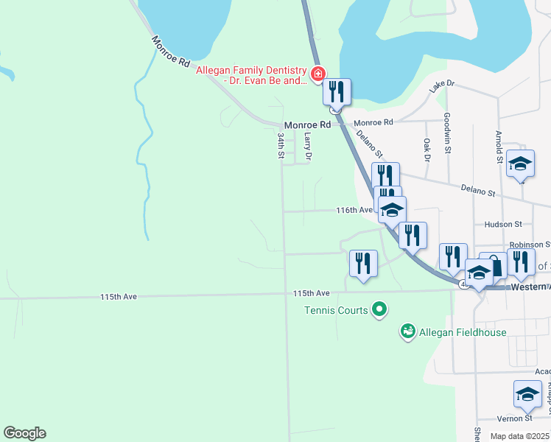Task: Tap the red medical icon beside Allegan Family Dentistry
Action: point(317,74)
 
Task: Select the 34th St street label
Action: point(281,145)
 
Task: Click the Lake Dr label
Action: point(443,85)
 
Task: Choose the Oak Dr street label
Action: point(427,149)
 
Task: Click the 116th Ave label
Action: point(354,210)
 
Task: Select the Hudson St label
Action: point(503,224)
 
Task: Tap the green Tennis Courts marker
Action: point(379,309)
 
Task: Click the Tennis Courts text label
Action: point(336,310)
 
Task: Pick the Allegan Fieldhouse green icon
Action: point(408,332)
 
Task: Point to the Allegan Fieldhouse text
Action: point(463,332)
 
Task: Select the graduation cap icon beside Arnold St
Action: point(520,164)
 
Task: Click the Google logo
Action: point(24,433)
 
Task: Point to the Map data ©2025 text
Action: point(520,436)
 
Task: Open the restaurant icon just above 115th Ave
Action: point(362,264)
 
